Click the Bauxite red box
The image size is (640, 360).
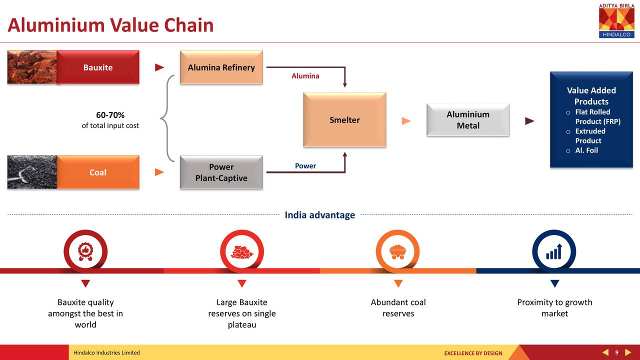pyautogui.click(x=98, y=67)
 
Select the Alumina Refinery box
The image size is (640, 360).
pyautogui.click(x=221, y=67)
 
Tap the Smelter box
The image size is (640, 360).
pyautogui.click(x=344, y=120)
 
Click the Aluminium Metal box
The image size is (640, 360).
pyautogui.click(x=468, y=120)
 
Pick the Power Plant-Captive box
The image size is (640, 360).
pyautogui.click(x=221, y=172)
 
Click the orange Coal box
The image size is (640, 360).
pyautogui.click(x=98, y=172)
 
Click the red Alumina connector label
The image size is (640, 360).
pyautogui.click(x=305, y=76)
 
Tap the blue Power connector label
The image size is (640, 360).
pyautogui.click(x=305, y=166)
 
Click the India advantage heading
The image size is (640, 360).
pyautogui.click(x=319, y=215)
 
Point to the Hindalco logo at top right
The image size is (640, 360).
pyautogui.click(x=616, y=20)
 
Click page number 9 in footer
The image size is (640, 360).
pyautogui.click(x=616, y=352)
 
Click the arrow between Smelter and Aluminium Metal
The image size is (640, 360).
pyautogui.click(x=406, y=120)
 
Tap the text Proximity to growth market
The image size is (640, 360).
pyautogui.click(x=554, y=308)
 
